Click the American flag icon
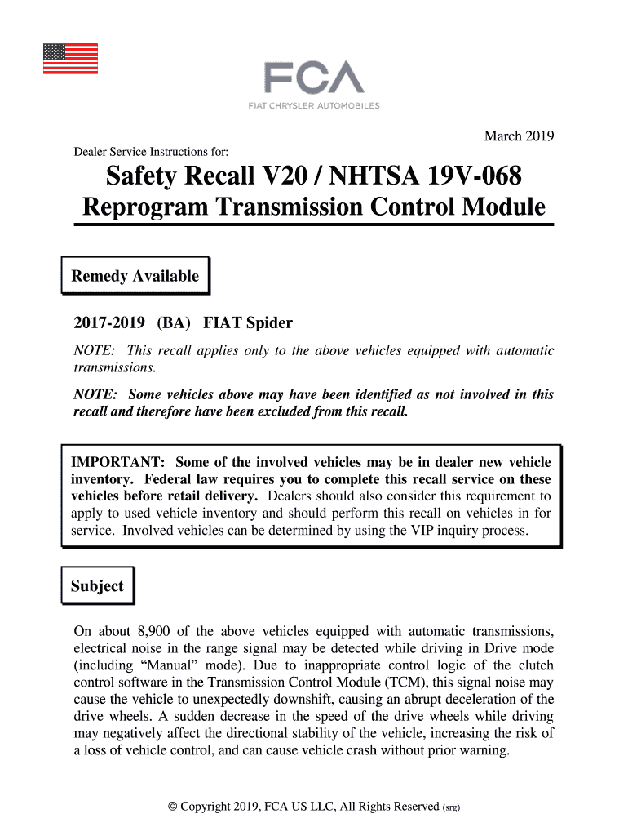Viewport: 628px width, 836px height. [70, 58]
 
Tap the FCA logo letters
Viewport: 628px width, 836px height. [313, 79]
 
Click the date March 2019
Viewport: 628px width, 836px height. [520, 136]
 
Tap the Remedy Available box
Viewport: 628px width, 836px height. [135, 276]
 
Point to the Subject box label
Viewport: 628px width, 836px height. [97, 586]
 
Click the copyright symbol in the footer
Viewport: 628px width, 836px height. [171, 807]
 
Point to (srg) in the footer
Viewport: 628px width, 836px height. [452, 807]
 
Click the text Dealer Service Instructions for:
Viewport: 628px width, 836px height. [151, 153]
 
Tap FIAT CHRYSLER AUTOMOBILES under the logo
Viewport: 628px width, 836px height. [313, 106]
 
